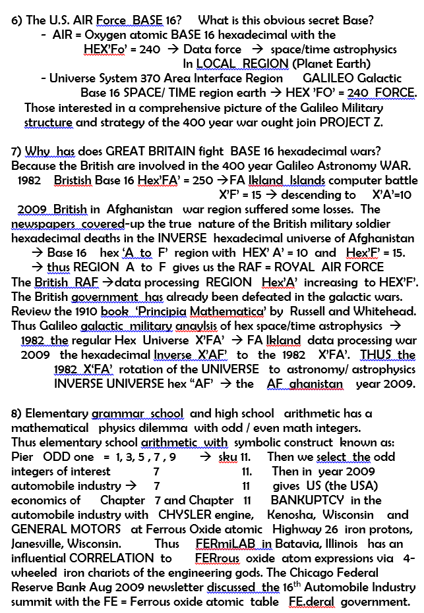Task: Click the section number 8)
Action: pyautogui.click(x=17, y=413)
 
